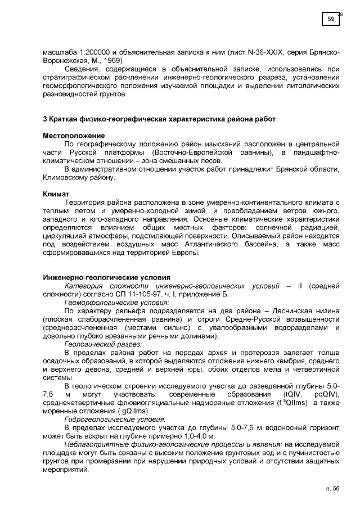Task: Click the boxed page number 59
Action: pos(331,20)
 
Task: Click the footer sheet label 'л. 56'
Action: pos(332,489)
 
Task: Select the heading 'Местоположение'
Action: pos(74,136)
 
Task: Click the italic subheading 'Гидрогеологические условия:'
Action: pos(115,419)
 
